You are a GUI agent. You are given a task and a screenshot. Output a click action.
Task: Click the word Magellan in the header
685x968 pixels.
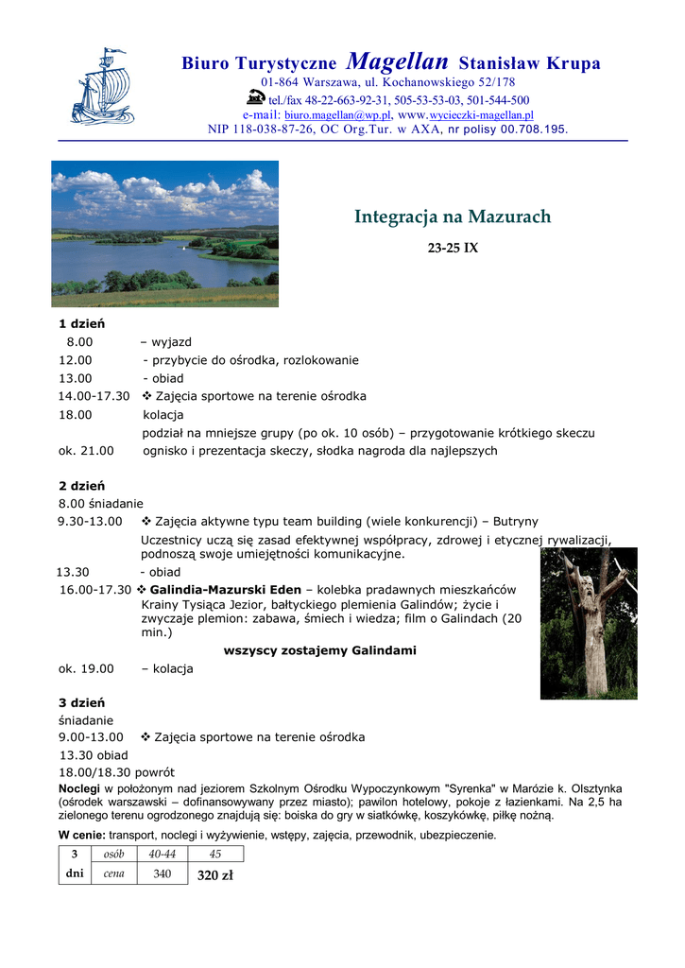tap(397, 62)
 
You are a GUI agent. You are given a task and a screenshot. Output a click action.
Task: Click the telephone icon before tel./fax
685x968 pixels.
tap(255, 97)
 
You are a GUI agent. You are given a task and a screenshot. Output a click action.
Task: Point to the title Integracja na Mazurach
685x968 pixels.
tap(452, 217)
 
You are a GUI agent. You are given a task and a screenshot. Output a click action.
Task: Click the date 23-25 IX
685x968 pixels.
tap(453, 249)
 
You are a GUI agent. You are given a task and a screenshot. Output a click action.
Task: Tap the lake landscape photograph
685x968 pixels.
tap(164, 233)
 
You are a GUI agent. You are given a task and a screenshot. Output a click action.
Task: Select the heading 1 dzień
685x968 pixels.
tap(81, 324)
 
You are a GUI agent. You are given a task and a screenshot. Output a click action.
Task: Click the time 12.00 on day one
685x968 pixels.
tap(76, 360)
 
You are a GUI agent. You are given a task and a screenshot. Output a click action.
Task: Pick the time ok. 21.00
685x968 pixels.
tap(86, 451)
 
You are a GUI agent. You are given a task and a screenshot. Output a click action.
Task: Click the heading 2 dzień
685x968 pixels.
tap(81, 486)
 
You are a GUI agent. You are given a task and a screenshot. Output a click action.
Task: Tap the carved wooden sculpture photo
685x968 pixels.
tap(588, 624)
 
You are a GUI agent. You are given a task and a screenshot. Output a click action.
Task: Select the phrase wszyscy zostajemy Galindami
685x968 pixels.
tap(319, 650)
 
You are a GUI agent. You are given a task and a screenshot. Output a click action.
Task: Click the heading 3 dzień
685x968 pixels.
tap(81, 702)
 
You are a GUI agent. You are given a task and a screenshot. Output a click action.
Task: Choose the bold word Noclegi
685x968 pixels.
tap(79, 788)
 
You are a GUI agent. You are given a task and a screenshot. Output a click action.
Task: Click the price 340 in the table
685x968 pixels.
tap(163, 874)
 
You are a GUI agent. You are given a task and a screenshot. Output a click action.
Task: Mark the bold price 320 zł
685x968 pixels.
tap(215, 875)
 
